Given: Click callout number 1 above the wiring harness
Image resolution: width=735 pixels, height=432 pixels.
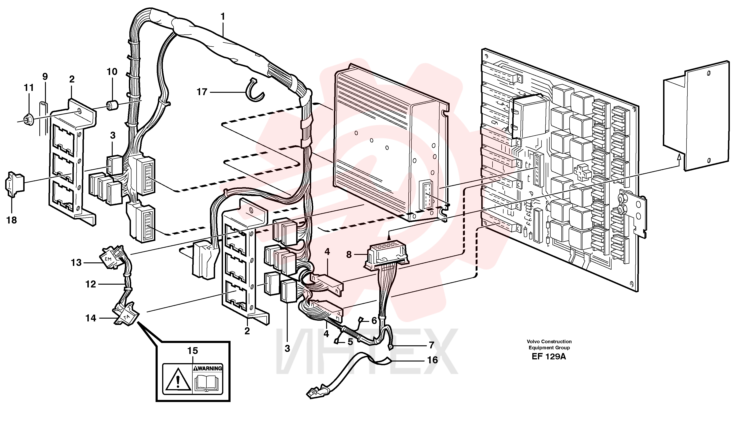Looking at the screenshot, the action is (x=223, y=17).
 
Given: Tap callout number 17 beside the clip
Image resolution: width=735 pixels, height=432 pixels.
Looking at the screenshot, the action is (x=202, y=92).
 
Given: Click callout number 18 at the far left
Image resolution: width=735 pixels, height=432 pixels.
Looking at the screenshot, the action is (x=12, y=220).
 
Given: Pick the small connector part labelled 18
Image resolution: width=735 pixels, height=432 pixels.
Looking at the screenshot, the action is (x=15, y=184).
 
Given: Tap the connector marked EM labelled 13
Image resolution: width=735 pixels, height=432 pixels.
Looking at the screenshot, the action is (x=112, y=257).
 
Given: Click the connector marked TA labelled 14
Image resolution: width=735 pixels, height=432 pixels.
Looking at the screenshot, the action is (x=126, y=315).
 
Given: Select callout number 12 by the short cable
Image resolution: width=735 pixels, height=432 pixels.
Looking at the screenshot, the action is (x=91, y=284).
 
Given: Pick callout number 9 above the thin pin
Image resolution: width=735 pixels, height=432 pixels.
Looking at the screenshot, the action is (x=45, y=76).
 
